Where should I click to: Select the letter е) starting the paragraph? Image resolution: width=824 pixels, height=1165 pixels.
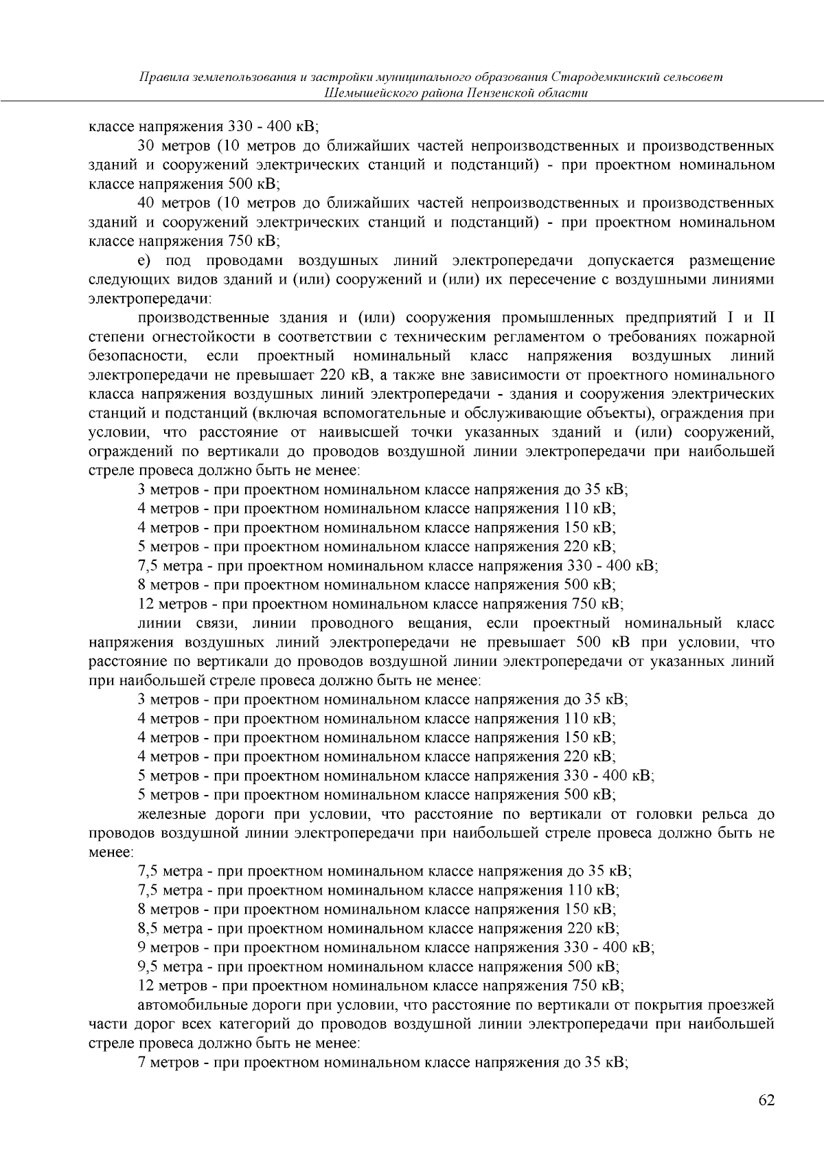144,261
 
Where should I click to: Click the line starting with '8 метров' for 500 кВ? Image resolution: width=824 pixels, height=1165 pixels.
376,586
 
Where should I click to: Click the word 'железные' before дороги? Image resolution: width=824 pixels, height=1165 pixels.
168,814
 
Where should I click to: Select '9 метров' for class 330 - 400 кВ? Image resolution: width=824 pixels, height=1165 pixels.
168,947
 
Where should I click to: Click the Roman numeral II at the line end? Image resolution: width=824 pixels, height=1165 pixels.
768,318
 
